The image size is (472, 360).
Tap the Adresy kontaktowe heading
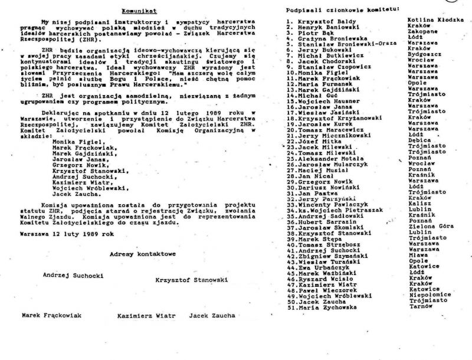pos(143,254)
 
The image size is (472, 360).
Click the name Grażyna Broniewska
pos(321,41)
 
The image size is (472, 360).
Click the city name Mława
pos(418,256)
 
